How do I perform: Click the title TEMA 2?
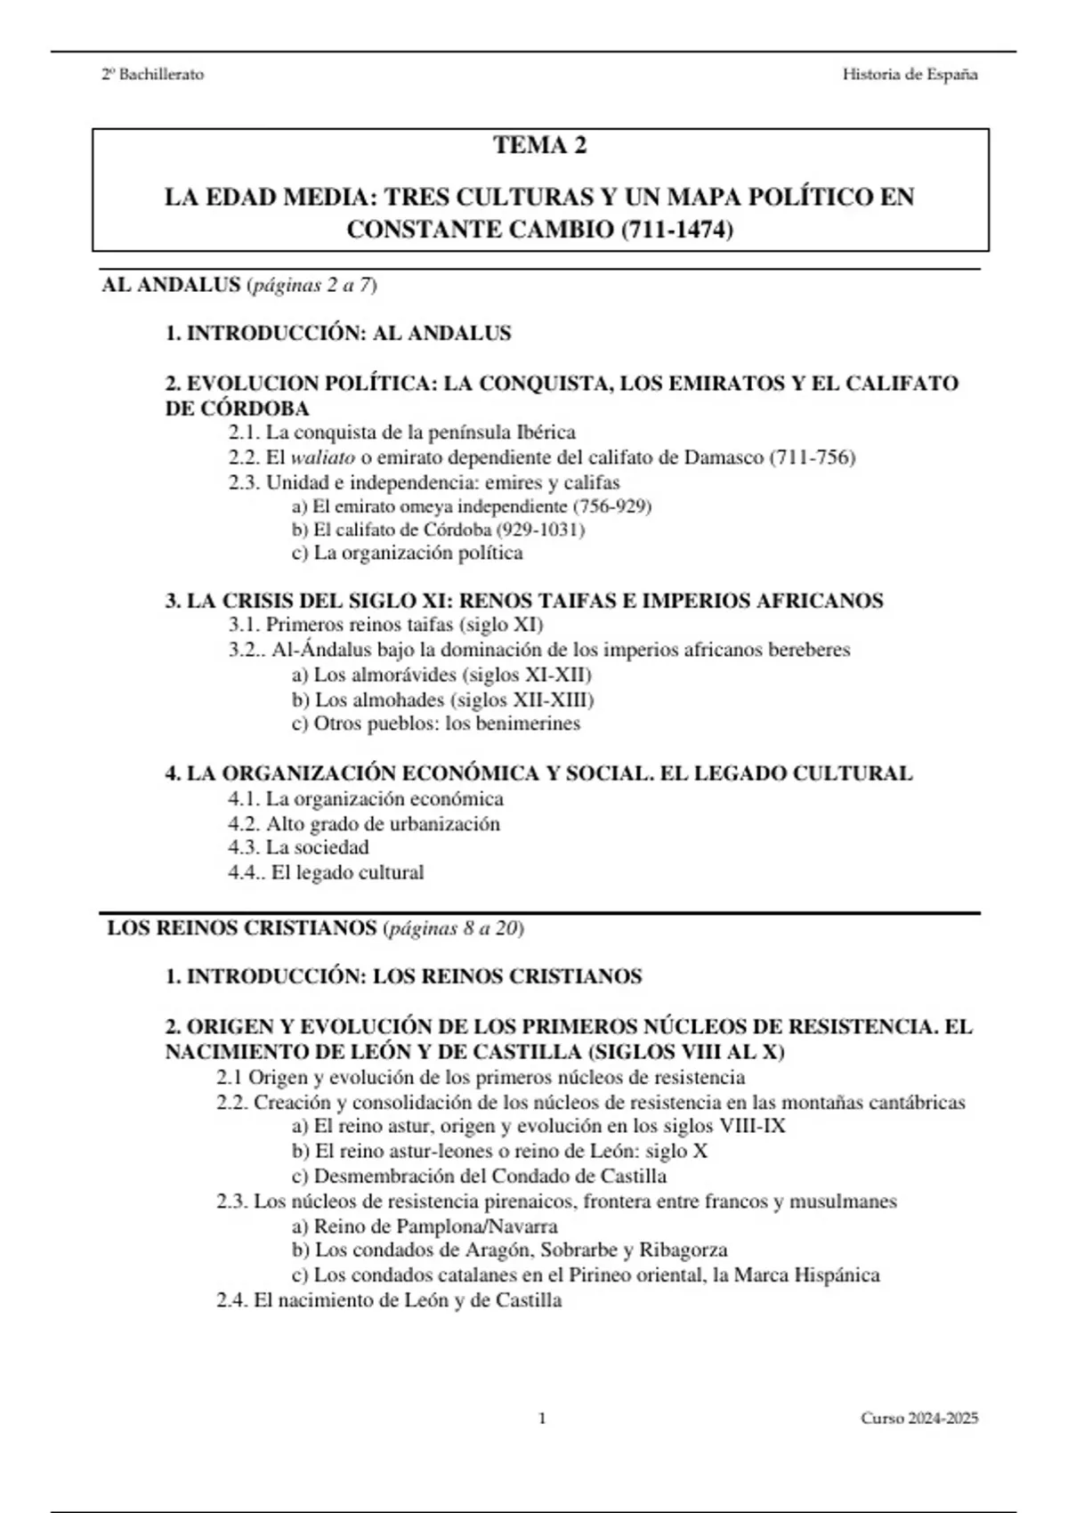tap(540, 145)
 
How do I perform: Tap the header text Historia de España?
tap(910, 75)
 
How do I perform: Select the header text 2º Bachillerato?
tap(152, 75)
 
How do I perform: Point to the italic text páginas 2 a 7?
tap(312, 286)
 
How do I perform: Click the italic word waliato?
tap(322, 457)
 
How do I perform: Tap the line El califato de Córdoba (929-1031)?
tap(438, 530)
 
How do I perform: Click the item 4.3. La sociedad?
tap(298, 847)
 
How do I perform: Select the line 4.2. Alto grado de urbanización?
tap(364, 823)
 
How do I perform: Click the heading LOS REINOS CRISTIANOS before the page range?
tap(242, 928)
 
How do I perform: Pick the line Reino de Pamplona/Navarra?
tap(425, 1226)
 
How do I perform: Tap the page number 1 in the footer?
tap(542, 1418)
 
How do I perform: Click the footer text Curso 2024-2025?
tap(918, 1418)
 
